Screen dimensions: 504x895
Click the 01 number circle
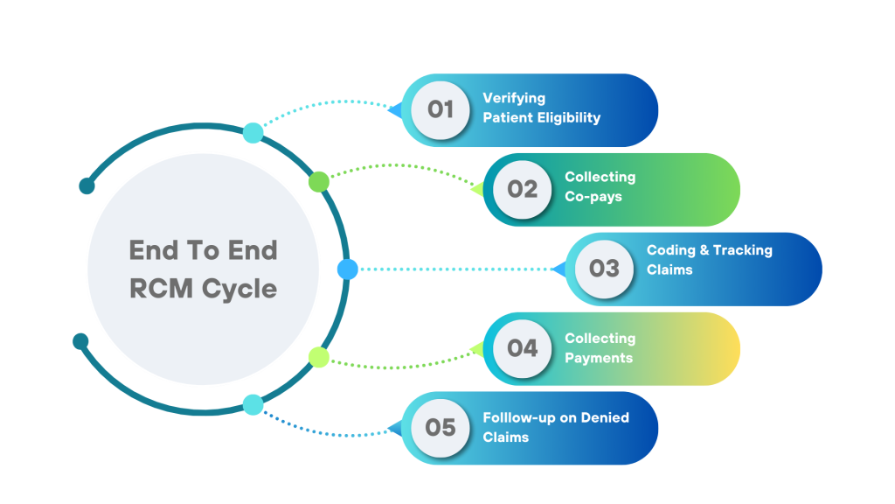pos(441,109)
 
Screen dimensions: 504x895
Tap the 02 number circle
pos(522,189)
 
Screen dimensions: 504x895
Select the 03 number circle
pos(604,269)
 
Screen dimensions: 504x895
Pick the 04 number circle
pos(522,348)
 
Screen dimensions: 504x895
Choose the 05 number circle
pos(441,427)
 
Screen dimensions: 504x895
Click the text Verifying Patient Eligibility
pos(541,108)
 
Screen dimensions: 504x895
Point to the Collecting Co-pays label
pos(600,186)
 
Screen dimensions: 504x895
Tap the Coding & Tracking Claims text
pos(709,260)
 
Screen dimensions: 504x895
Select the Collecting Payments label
pos(600,347)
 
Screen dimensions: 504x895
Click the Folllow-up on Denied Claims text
pos(555,426)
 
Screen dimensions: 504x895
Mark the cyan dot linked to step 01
pos(253,133)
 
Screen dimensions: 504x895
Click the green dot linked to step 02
pos(319,181)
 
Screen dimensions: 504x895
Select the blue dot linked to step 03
pos(347,269)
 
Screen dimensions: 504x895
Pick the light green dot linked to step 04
pos(319,357)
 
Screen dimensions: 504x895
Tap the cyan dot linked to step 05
pos(253,404)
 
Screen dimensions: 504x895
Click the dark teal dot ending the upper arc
pos(87,185)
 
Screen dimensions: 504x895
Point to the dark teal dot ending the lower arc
pos(80,340)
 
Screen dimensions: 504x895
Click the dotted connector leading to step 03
pos(454,269)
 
